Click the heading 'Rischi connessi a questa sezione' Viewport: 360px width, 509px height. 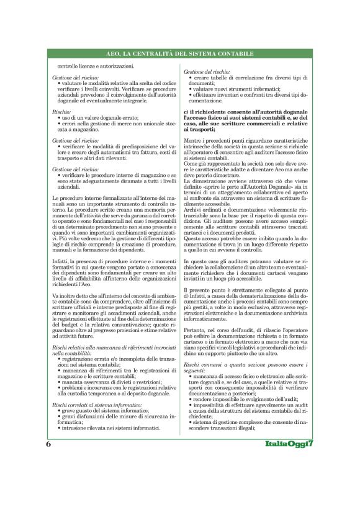point(236,362)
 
